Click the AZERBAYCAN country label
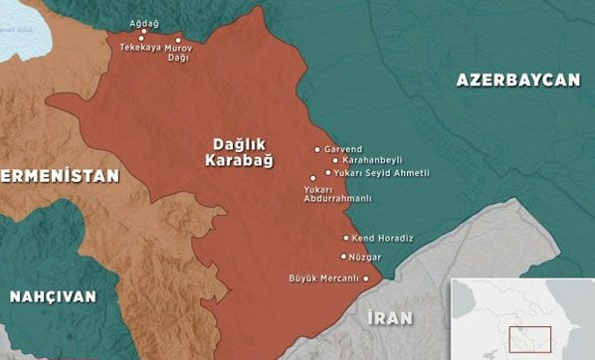click(517, 81)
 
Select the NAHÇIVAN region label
click(53, 296)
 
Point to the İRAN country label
click(389, 317)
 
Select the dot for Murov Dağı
click(178, 40)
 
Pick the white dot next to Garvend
click(317, 150)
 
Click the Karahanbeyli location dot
click(334, 160)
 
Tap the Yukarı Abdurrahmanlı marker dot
click(312, 179)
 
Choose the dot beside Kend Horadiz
click(346, 238)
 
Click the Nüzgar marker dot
click(343, 256)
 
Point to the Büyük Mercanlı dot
click(365, 278)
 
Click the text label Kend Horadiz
click(383, 238)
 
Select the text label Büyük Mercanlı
click(322, 278)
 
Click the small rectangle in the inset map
click(529, 338)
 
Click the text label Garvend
click(342, 149)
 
